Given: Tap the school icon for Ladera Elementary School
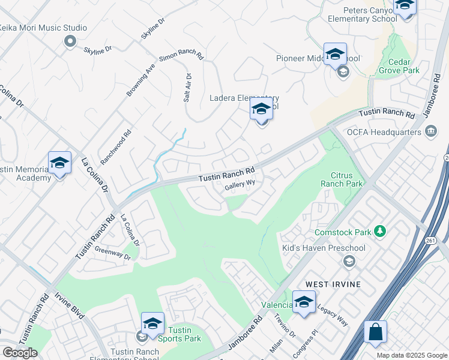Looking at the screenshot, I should click(261, 110).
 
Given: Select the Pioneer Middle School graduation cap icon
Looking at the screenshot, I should click(335, 53).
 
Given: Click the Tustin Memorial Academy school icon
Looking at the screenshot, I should click(59, 163).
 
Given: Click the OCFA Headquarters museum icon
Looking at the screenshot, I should click(431, 131).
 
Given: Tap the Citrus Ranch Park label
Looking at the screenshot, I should click(342, 179).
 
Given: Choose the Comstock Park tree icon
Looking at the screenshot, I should click(379, 231).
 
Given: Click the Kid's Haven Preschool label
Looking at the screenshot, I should click(324, 248).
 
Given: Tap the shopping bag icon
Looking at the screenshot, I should click(375, 332).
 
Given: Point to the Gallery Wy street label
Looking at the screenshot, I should click(240, 185).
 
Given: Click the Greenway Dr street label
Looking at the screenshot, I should click(113, 253).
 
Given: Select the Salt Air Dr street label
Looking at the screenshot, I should click(187, 88).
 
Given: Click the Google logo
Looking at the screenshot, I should click(20, 353).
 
